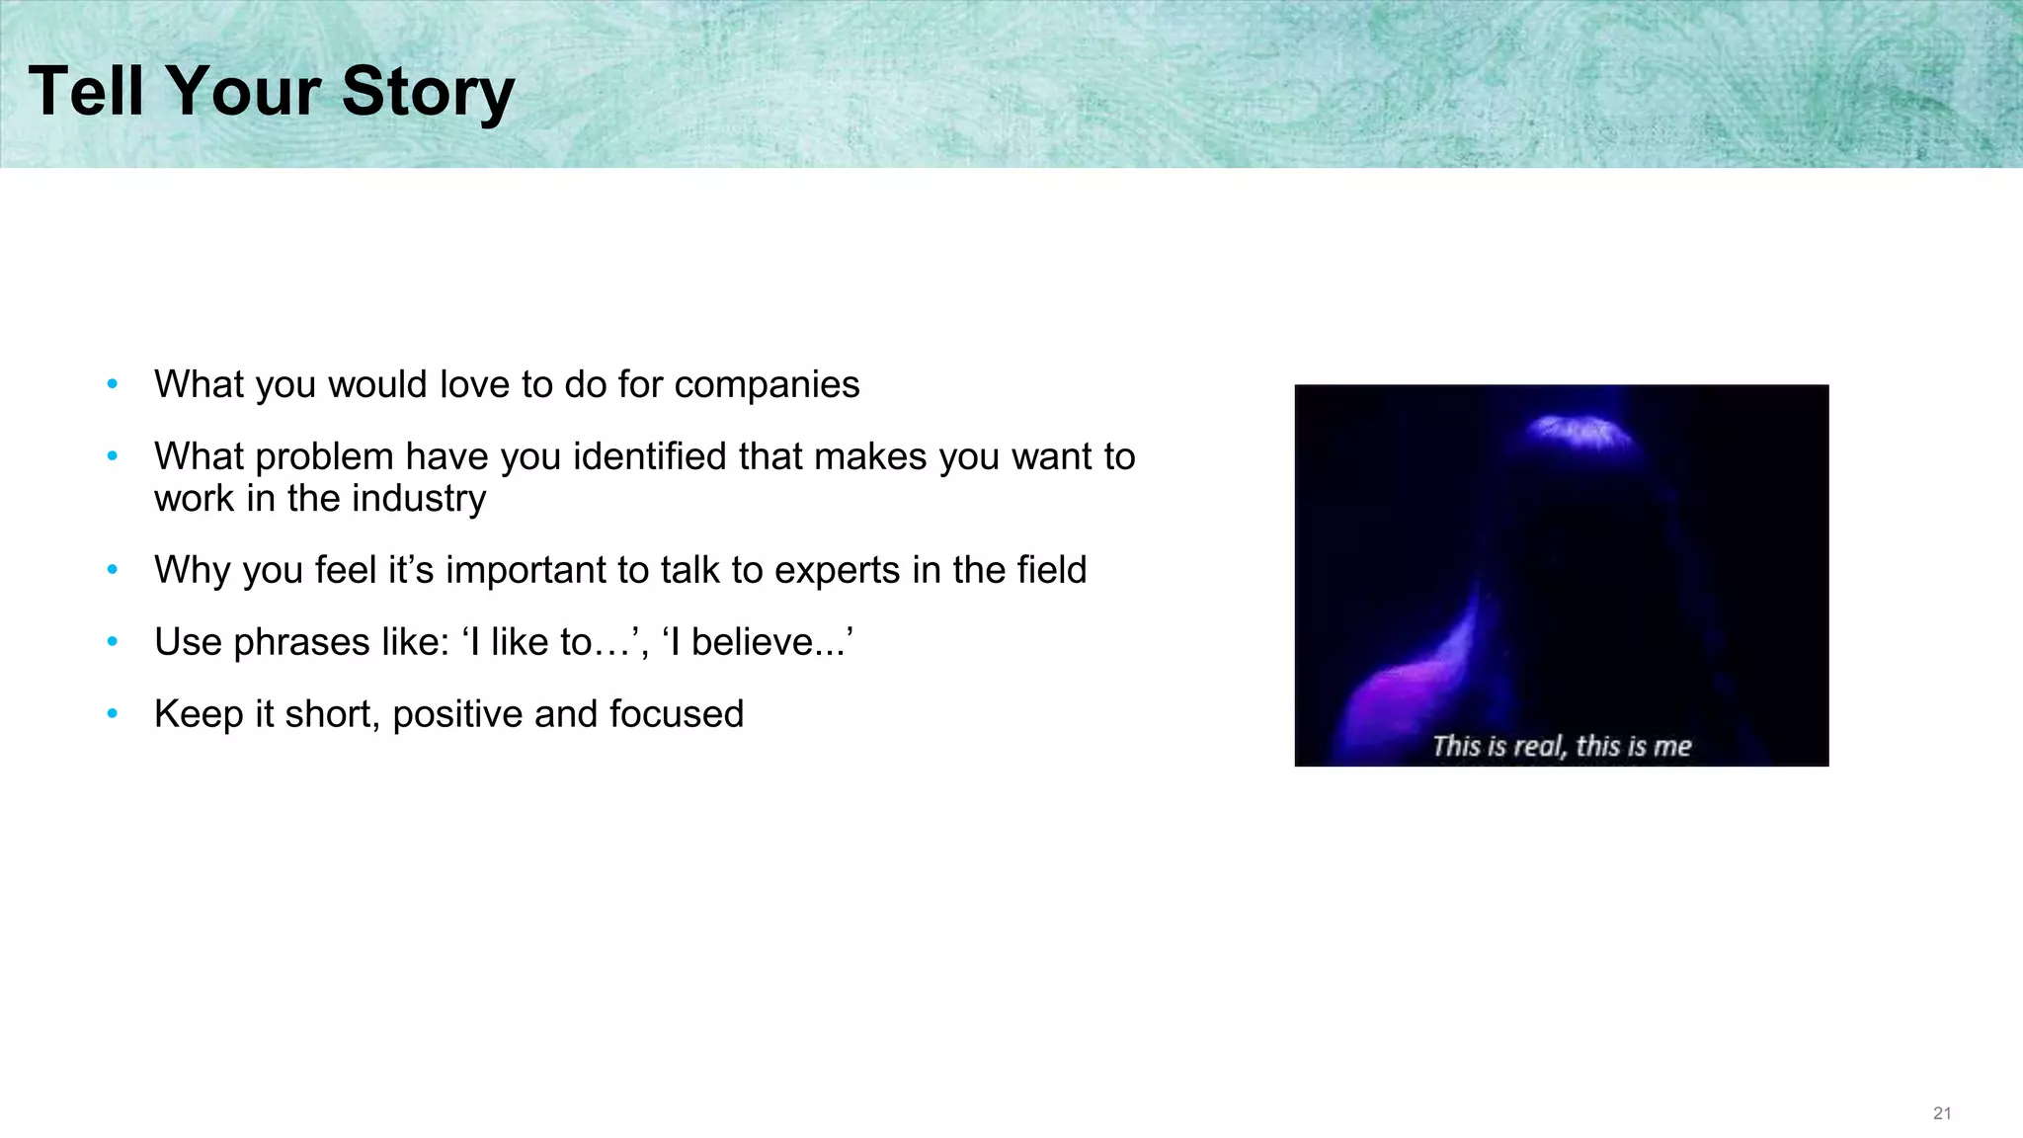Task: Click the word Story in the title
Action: tap(428, 91)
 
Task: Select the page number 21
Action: tap(1942, 1113)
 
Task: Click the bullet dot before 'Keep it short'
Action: tap(113, 713)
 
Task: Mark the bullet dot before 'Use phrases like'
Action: tap(113, 641)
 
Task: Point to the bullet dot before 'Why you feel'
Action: tap(113, 569)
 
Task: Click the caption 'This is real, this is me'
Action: tap(1562, 746)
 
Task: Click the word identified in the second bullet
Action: tap(654, 456)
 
